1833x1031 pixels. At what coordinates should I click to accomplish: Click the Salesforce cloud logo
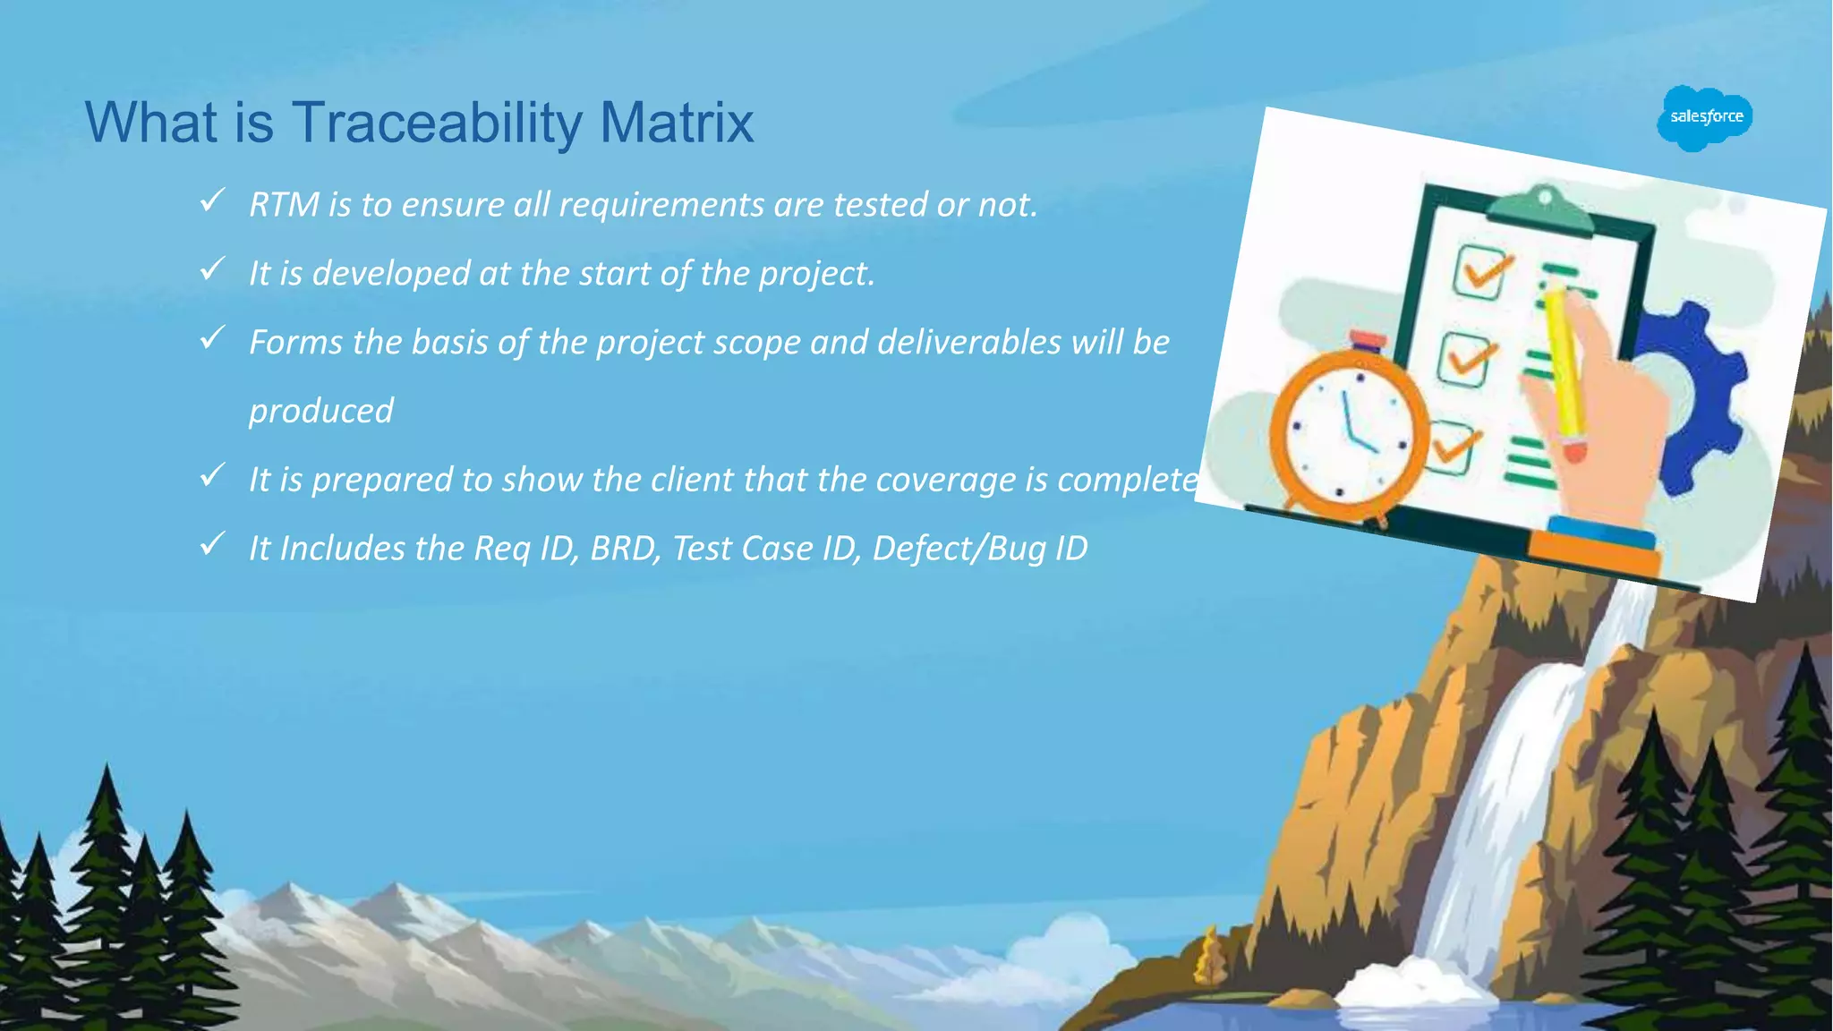tap(1705, 117)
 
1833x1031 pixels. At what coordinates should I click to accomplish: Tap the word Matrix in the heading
tap(677, 123)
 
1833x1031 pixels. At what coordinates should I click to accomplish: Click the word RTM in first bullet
tap(284, 205)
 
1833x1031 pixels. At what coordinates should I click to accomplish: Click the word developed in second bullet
tap(391, 274)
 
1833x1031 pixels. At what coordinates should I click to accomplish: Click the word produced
tap(320, 412)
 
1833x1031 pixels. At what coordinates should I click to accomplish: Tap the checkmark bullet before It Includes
tap(212, 543)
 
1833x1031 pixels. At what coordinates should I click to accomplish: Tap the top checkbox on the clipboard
tap(1480, 271)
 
